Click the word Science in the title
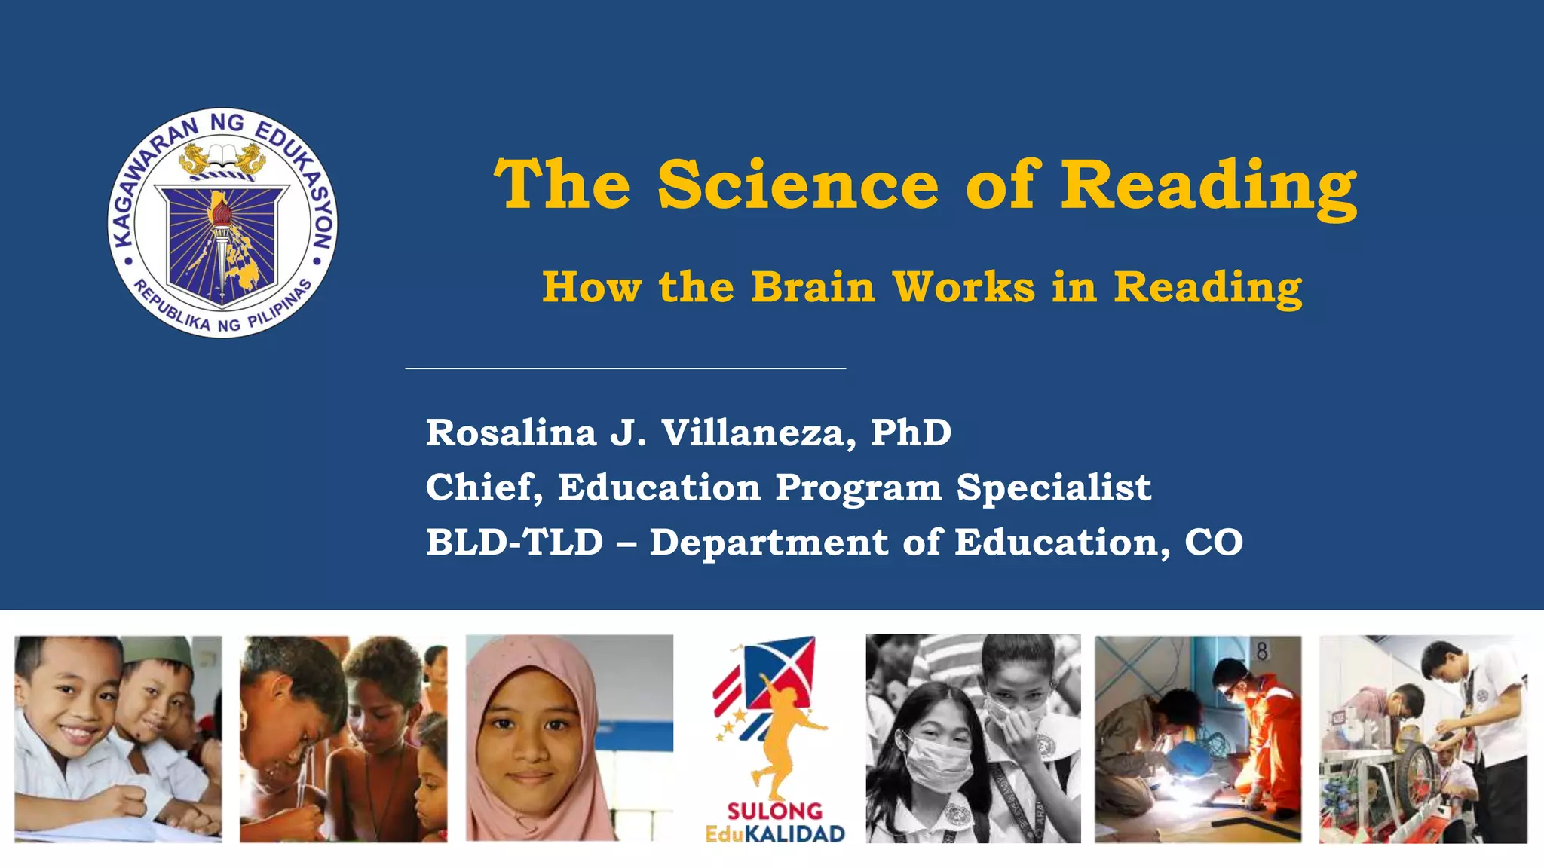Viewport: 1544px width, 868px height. [x=798, y=185]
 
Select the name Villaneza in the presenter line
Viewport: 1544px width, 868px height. [x=758, y=432]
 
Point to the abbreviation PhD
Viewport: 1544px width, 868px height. [x=911, y=432]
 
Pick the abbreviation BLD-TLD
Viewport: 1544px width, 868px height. [x=514, y=542]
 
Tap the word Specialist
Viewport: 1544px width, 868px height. [x=1053, y=487]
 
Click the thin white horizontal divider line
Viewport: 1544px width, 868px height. [x=625, y=368]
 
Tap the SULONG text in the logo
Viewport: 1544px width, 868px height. [x=774, y=811]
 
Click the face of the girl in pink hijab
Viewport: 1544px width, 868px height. [x=532, y=735]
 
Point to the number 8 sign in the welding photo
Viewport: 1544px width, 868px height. [x=1261, y=651]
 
